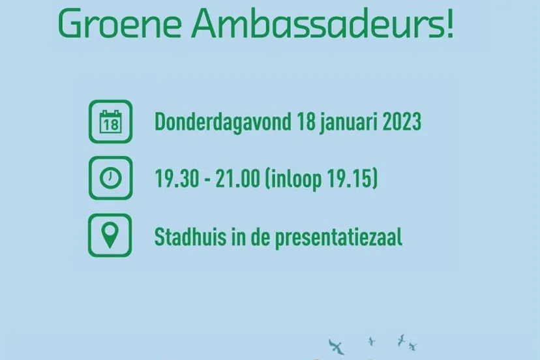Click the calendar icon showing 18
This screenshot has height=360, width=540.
(110, 122)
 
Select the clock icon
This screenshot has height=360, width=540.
(110, 178)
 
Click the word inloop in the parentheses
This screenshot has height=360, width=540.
(295, 179)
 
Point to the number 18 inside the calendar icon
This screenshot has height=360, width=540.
(110, 124)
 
